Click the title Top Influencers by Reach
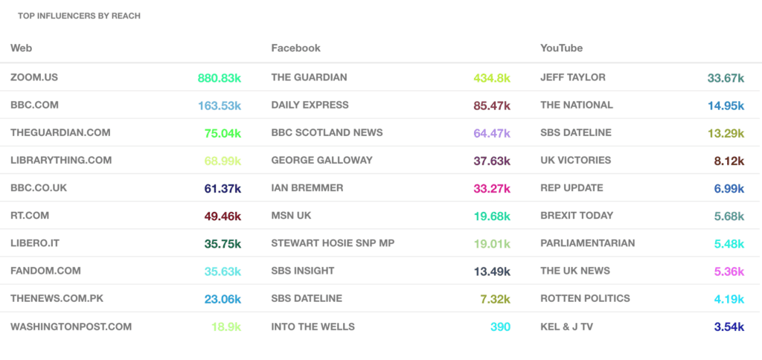point(79,16)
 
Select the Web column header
point(21,48)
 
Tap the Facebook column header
point(295,48)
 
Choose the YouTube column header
point(561,48)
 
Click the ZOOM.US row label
point(34,77)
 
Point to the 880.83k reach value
point(220,78)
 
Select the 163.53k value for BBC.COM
point(220,106)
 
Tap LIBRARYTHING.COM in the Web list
point(61,160)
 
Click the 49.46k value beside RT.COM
point(222,216)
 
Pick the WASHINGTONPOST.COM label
point(71,327)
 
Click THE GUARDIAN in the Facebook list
point(309,77)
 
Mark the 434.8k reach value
point(492,78)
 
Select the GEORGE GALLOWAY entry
point(321,160)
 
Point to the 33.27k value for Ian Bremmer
point(492,188)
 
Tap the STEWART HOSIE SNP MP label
point(333,243)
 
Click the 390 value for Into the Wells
point(500,327)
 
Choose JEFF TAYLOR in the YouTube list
point(573,77)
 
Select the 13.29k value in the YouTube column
point(726,133)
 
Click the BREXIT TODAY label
point(577,216)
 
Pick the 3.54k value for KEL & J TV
point(729,327)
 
